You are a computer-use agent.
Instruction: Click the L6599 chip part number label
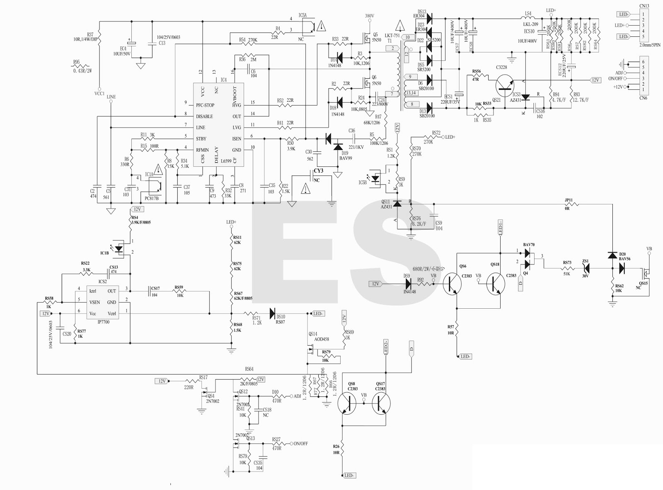(x=226, y=161)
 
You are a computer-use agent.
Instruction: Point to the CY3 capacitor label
(x=318, y=171)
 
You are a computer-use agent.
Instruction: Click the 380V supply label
(x=370, y=16)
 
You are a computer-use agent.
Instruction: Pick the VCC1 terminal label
(x=99, y=94)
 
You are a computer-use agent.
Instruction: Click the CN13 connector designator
(x=644, y=6)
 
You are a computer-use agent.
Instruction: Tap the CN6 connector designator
(x=643, y=98)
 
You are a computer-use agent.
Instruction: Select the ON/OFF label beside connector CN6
(x=615, y=79)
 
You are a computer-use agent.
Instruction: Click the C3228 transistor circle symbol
(x=505, y=85)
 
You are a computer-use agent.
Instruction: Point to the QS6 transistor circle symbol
(x=452, y=284)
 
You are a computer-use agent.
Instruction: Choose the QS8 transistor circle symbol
(x=347, y=403)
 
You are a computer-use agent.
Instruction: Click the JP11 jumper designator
(x=569, y=200)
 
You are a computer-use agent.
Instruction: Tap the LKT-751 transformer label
(x=392, y=36)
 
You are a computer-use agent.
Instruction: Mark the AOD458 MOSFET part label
(x=322, y=339)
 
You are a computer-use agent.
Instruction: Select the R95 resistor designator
(x=76, y=62)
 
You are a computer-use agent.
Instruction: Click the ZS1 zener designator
(x=586, y=261)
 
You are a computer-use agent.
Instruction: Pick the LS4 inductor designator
(x=528, y=14)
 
